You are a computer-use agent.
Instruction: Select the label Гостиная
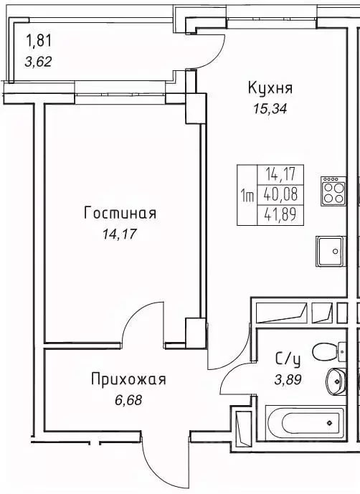(x=120, y=213)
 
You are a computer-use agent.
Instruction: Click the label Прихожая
(x=128, y=379)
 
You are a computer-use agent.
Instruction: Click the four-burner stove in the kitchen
(x=334, y=191)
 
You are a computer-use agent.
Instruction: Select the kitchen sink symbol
(x=329, y=251)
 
